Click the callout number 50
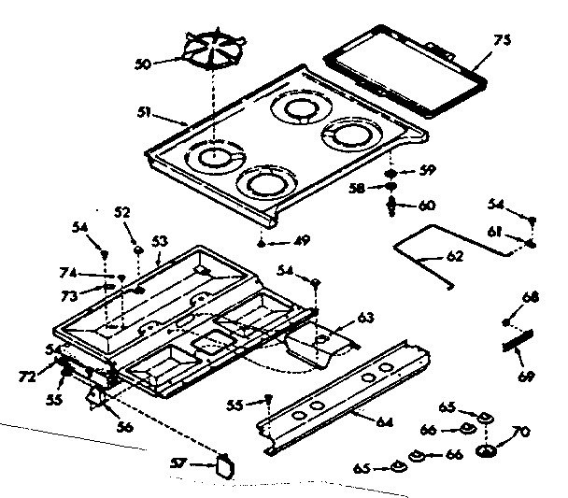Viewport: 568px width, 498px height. click(142, 64)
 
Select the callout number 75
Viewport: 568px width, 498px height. click(503, 41)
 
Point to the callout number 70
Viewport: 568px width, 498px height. click(520, 431)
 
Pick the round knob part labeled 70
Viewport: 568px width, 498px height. click(487, 452)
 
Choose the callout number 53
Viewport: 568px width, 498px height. click(160, 242)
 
